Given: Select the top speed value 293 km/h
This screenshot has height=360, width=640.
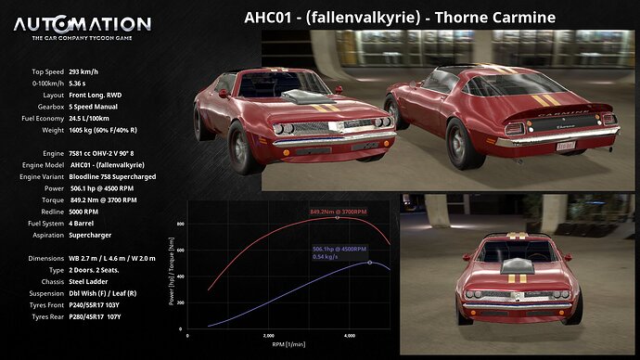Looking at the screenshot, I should pos(83,71).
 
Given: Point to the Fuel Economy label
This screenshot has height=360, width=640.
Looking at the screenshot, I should pos(37,119).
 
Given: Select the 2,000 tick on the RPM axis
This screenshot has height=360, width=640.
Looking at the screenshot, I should pos(268,335).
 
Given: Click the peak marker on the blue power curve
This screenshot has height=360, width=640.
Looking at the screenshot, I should pos(370,263).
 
